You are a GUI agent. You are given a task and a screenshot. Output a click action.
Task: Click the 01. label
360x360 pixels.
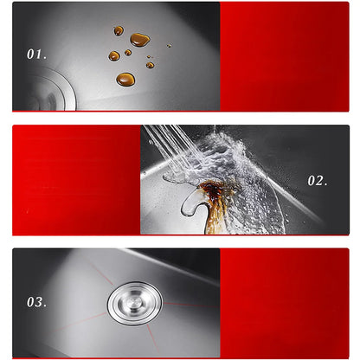(36, 55)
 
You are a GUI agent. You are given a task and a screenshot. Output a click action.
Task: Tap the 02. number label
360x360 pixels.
(318, 181)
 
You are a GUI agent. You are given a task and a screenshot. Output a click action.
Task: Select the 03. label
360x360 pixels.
(36, 302)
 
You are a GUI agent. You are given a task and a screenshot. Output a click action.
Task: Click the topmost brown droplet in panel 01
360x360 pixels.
(119, 30)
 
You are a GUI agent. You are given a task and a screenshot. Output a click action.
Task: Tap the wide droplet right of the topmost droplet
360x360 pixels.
(140, 40)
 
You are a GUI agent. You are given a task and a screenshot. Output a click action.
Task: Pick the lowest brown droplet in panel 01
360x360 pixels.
(125, 79)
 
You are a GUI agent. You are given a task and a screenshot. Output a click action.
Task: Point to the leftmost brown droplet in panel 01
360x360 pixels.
(114, 56)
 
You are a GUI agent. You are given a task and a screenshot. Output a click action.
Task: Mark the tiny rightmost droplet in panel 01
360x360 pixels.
(169, 46)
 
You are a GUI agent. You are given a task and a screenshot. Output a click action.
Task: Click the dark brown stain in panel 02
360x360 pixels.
(214, 190)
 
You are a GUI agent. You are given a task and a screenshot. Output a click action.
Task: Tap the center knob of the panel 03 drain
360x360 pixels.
(133, 304)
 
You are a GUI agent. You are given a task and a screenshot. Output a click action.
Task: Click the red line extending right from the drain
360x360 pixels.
(191, 305)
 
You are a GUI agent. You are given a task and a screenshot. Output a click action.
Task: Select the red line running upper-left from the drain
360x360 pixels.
(101, 273)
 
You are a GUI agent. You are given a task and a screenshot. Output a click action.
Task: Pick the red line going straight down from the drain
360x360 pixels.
(152, 337)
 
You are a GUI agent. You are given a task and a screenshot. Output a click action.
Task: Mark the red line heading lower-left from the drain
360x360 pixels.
(80, 322)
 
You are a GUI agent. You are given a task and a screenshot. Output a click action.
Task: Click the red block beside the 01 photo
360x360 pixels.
(285, 56)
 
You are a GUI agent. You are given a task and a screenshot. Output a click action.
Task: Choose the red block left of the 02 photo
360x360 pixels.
(76, 180)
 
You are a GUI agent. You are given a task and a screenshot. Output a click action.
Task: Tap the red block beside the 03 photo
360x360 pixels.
(285, 303)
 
